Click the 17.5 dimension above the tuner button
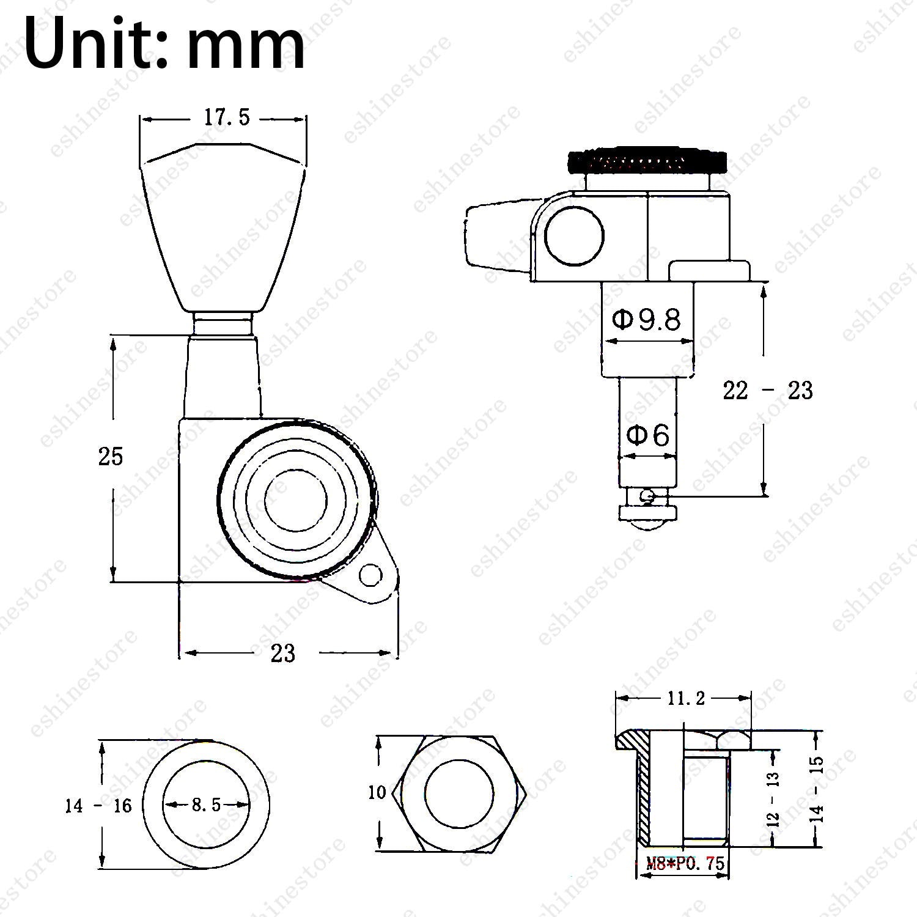pos(227,117)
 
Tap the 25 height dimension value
pos(111,457)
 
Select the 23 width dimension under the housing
pos(283,654)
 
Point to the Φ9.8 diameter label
pos(646,319)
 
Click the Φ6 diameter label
pos(648,435)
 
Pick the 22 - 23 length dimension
pos(768,390)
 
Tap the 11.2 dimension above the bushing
pos(683,698)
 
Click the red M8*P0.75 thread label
pos(685,863)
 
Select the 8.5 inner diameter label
pos(206,805)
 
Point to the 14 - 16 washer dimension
pos(98,806)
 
